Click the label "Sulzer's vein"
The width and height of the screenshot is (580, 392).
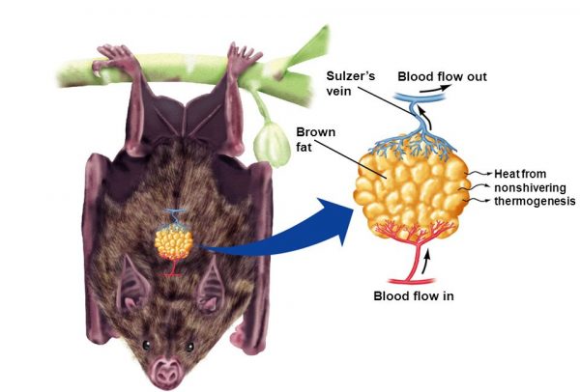(350, 83)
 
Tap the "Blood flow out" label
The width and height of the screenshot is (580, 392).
(442, 76)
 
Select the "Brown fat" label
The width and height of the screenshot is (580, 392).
(315, 139)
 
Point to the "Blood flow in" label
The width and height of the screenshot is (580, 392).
(414, 296)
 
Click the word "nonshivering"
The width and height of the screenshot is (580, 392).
(530, 187)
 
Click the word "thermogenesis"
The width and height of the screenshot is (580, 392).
(535, 201)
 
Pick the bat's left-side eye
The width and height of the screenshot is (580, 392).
(147, 345)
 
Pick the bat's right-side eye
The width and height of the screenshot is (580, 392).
(189, 347)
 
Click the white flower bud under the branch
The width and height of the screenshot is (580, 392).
(273, 144)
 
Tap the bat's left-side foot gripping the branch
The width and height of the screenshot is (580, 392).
(113, 59)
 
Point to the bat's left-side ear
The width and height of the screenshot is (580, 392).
(132, 285)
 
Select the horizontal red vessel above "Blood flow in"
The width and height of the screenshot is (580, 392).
(411, 282)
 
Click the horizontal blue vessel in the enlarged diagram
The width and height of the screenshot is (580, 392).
(420, 97)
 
